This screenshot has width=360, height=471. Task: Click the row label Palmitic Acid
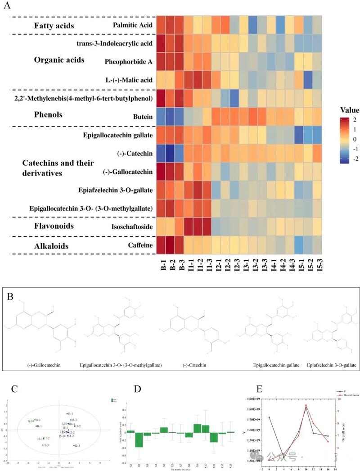tap(134, 25)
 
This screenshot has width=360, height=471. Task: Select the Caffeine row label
tap(141, 245)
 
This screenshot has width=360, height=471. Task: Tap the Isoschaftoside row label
tap(134, 226)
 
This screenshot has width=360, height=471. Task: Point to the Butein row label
tap(144, 117)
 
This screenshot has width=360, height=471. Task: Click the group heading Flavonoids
tap(54, 226)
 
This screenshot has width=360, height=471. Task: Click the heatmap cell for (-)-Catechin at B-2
tap(171, 153)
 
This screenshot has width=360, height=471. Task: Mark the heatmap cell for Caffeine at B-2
tap(171, 245)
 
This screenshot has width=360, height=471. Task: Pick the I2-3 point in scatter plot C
tap(75, 445)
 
